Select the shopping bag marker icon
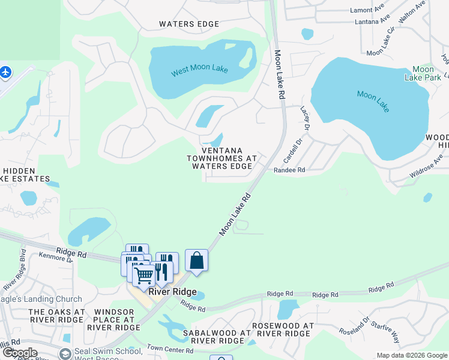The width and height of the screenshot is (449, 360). pyautogui.click(x=196, y=260)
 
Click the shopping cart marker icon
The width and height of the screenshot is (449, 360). pyautogui.click(x=144, y=275)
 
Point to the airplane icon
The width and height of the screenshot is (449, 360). pyautogui.click(x=6, y=73)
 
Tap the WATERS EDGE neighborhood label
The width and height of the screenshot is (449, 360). pyautogui.click(x=188, y=24)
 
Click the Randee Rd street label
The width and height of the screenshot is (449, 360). pyautogui.click(x=289, y=170)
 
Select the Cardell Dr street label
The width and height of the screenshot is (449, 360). pyautogui.click(x=291, y=147)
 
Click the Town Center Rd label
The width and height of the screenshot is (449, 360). pyautogui.click(x=170, y=350)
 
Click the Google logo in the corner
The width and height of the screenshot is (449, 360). pyautogui.click(x=20, y=353)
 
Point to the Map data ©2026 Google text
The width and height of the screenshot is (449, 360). pyautogui.click(x=411, y=355)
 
